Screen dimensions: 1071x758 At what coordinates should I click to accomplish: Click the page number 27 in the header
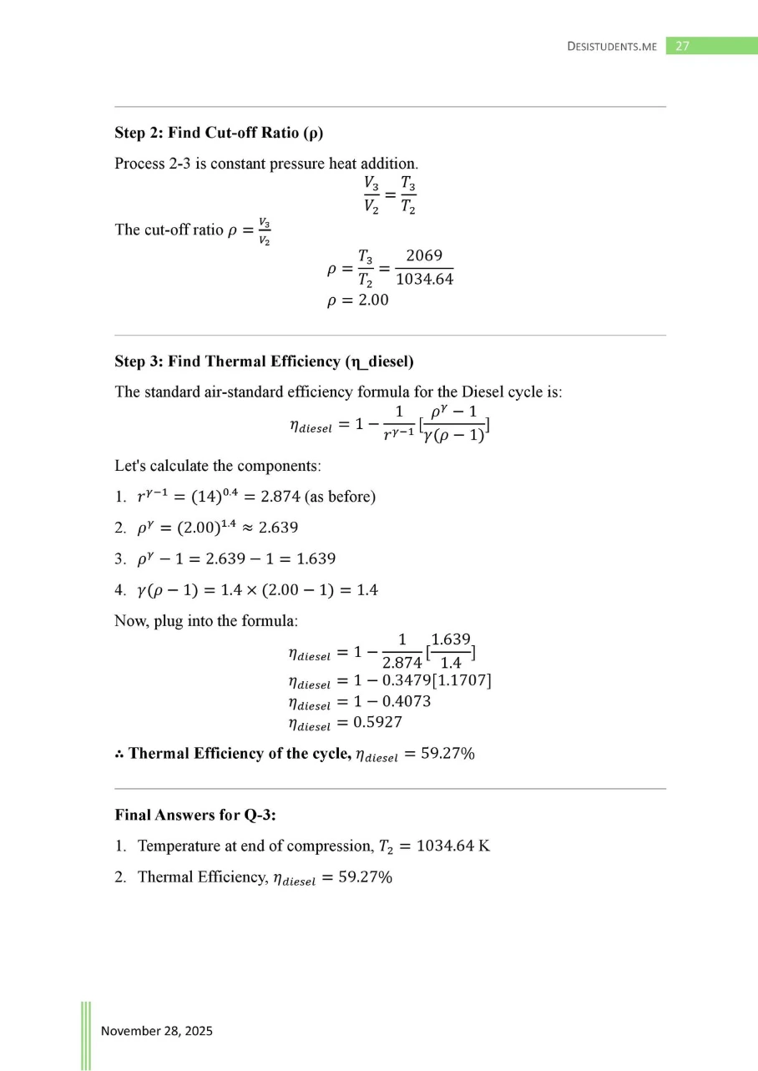(682, 46)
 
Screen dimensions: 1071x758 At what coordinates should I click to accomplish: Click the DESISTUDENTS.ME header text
(612, 47)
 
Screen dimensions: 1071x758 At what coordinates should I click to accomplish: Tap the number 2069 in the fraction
(424, 255)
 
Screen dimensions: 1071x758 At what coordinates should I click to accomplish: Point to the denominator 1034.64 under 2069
(424, 279)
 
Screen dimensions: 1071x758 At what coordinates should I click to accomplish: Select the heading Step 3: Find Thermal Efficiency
(264, 361)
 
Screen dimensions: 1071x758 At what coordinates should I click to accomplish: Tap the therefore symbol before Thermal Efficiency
(119, 754)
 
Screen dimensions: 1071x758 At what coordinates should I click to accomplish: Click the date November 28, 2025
(157, 1031)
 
